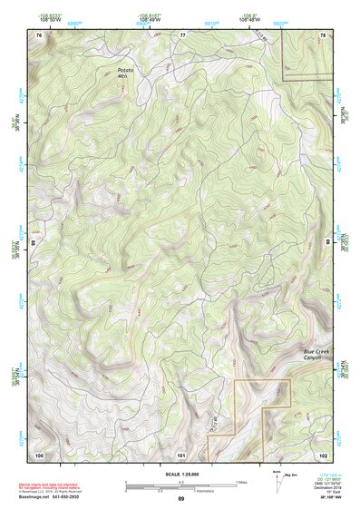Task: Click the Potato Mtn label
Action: coord(124,73)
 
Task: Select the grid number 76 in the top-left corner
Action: coord(39,34)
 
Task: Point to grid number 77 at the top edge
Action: coord(181,34)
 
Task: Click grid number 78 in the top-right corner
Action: coord(323,34)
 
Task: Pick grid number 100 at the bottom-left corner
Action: coord(39,454)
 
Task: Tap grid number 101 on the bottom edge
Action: coord(181,454)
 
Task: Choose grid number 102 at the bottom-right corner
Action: coord(323,454)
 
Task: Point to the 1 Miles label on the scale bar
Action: coord(240,481)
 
